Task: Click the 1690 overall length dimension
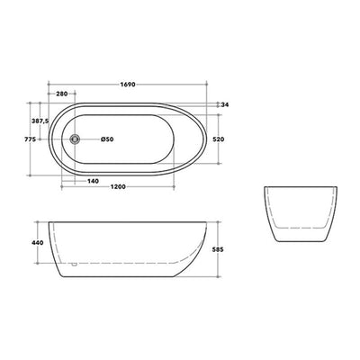128,85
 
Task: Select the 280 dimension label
62,94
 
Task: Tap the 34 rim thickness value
225,104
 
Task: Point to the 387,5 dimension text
40,121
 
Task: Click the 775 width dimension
31,139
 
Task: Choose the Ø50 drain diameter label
107,139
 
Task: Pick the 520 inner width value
219,139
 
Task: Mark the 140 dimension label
93,181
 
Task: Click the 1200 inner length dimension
118,187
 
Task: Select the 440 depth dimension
38,243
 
